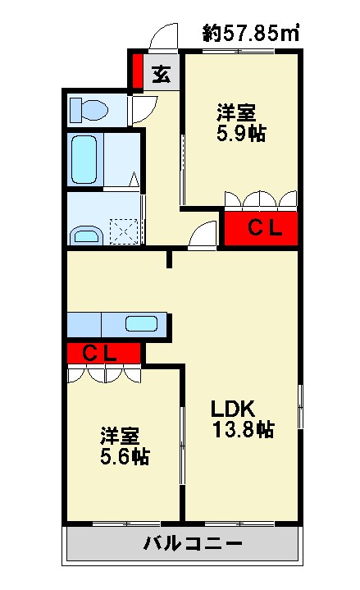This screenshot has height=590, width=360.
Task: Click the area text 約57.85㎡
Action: pos(251,33)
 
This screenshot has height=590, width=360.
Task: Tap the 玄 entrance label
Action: pos(162,74)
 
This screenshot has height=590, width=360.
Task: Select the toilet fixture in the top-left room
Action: pos(89,110)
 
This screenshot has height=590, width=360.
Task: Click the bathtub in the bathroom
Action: pos(84,159)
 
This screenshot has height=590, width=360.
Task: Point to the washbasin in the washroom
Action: pos(87,236)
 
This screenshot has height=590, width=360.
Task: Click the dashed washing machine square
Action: pos(124,232)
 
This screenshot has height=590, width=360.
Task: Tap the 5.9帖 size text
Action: pos(241,133)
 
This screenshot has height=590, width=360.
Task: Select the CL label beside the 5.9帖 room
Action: pos(265,227)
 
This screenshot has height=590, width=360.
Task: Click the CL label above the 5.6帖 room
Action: pos(99,354)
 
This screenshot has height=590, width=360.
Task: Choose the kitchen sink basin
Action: pos(141,323)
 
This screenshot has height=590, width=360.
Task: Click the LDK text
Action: pos(233,409)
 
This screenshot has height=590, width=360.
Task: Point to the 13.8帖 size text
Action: pos(244,429)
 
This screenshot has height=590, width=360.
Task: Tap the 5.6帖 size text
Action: pos(125,456)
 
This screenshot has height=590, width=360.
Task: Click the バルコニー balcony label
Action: pos(193,543)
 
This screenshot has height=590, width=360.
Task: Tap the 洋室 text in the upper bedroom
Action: pos(236,112)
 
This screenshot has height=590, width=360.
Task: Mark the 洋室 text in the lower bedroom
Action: pos(120,436)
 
